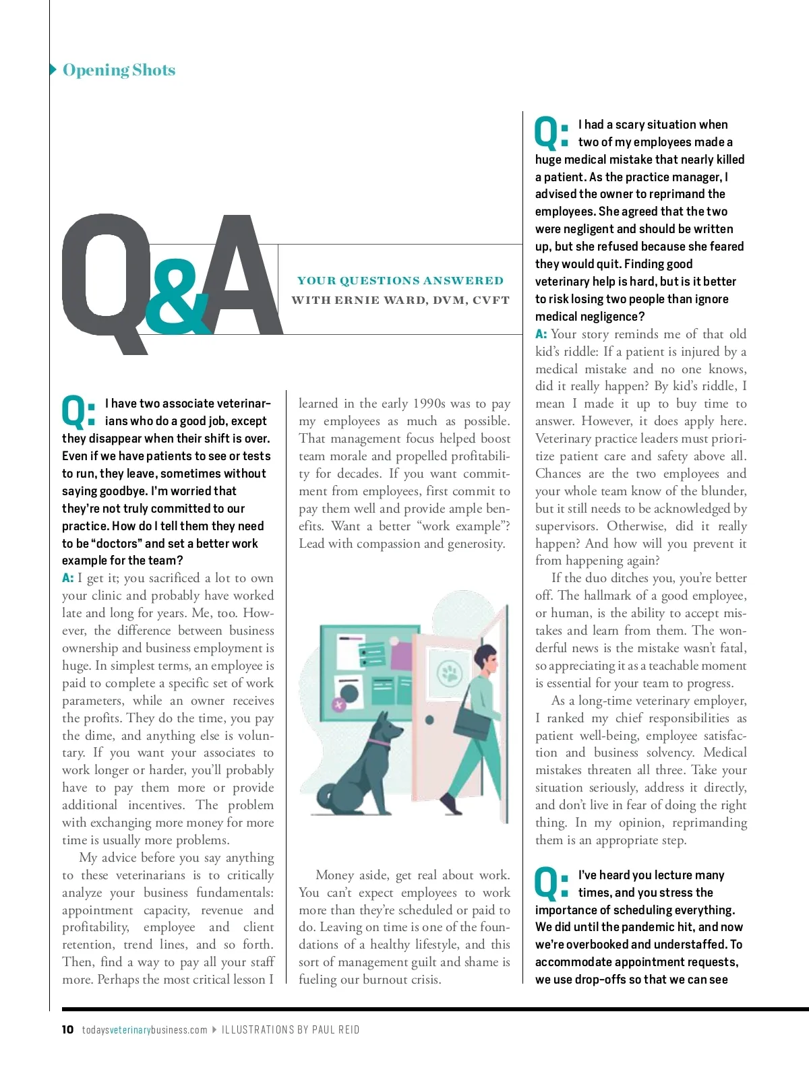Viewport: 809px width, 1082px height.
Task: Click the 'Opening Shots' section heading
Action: click(119, 70)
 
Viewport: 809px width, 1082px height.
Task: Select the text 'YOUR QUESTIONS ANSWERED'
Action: click(400, 281)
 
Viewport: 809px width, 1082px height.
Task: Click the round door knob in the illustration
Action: click(429, 721)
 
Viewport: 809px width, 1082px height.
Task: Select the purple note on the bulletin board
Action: click(401, 656)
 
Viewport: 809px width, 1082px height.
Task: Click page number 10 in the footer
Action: click(67, 1029)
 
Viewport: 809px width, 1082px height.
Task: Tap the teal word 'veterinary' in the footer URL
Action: click(129, 1029)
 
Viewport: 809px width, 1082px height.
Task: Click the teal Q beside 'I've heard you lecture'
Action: click(546, 883)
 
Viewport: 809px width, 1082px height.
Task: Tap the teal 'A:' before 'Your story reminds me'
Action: click(541, 334)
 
